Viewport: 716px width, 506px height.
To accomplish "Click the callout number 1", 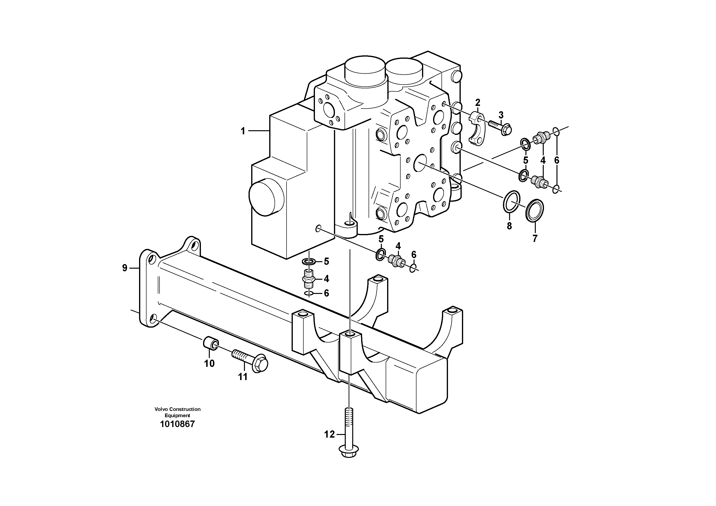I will tap(243, 131).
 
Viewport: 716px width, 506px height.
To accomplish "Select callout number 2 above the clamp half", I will tap(477, 102).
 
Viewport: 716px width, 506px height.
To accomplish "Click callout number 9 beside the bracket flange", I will tap(125, 268).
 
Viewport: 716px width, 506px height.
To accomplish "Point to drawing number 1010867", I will tap(177, 424).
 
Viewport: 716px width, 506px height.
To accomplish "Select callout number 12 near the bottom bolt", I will tap(329, 434).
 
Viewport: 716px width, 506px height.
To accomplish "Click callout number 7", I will tap(535, 239).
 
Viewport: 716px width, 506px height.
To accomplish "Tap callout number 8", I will tap(509, 226).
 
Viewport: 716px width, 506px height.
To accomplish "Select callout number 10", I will tap(210, 363).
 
